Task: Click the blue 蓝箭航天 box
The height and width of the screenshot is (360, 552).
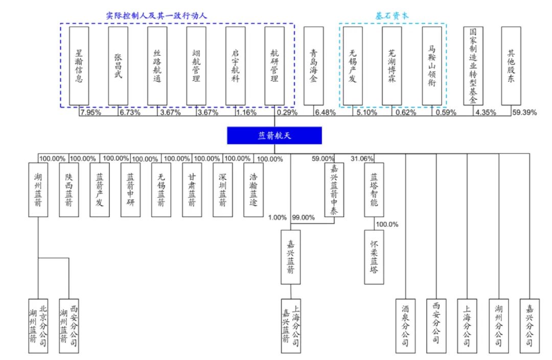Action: point(274,136)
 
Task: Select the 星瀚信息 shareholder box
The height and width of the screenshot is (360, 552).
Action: point(79,66)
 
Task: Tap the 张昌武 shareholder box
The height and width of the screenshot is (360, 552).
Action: point(118,66)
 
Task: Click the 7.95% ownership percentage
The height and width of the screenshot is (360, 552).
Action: point(90,112)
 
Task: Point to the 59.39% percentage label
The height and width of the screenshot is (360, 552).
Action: point(524,112)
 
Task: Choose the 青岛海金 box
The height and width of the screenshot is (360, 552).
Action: point(313,66)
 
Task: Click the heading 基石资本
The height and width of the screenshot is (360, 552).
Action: point(393,16)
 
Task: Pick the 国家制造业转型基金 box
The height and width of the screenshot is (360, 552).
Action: point(473,66)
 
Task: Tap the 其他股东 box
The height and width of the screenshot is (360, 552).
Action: point(511,66)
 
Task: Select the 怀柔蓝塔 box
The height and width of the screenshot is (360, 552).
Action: point(374,257)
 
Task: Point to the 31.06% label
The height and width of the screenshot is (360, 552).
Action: point(362,159)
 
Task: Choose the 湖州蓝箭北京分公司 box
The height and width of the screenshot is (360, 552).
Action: point(38,326)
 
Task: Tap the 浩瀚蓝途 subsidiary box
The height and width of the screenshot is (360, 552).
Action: point(254,189)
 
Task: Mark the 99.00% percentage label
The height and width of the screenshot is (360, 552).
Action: point(303,217)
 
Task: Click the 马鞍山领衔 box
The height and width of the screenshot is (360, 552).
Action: point(432,66)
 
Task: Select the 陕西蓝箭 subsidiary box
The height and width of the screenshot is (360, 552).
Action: point(68,189)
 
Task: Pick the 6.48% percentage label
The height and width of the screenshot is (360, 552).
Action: point(326,112)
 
